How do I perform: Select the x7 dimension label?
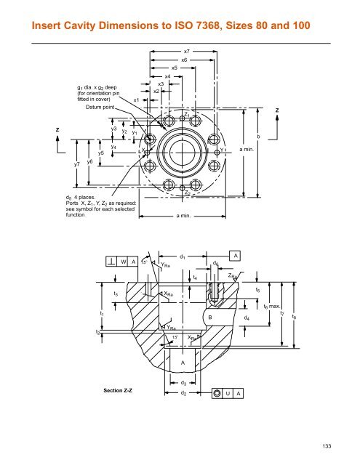pos(186,52)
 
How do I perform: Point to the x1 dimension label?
pos(137,100)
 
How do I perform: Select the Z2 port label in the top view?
pos(187,194)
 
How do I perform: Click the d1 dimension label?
pos(182,256)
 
